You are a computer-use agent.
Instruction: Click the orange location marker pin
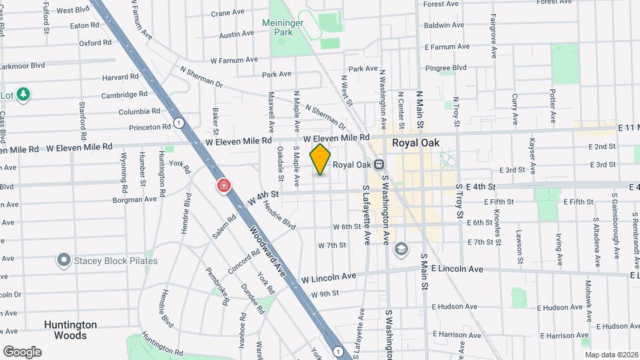(321, 159)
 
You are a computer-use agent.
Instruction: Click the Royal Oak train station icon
(379, 164)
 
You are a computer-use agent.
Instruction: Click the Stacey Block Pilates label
(116, 260)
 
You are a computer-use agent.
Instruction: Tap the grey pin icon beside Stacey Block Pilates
(64, 259)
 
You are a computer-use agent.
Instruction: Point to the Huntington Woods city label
(71, 330)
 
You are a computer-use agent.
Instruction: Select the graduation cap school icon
(400, 249)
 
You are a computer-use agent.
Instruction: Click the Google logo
(22, 351)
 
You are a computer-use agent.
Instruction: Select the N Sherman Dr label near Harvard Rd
(201, 76)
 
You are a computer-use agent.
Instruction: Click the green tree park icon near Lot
(24, 94)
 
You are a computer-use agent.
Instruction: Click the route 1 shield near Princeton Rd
(179, 123)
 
